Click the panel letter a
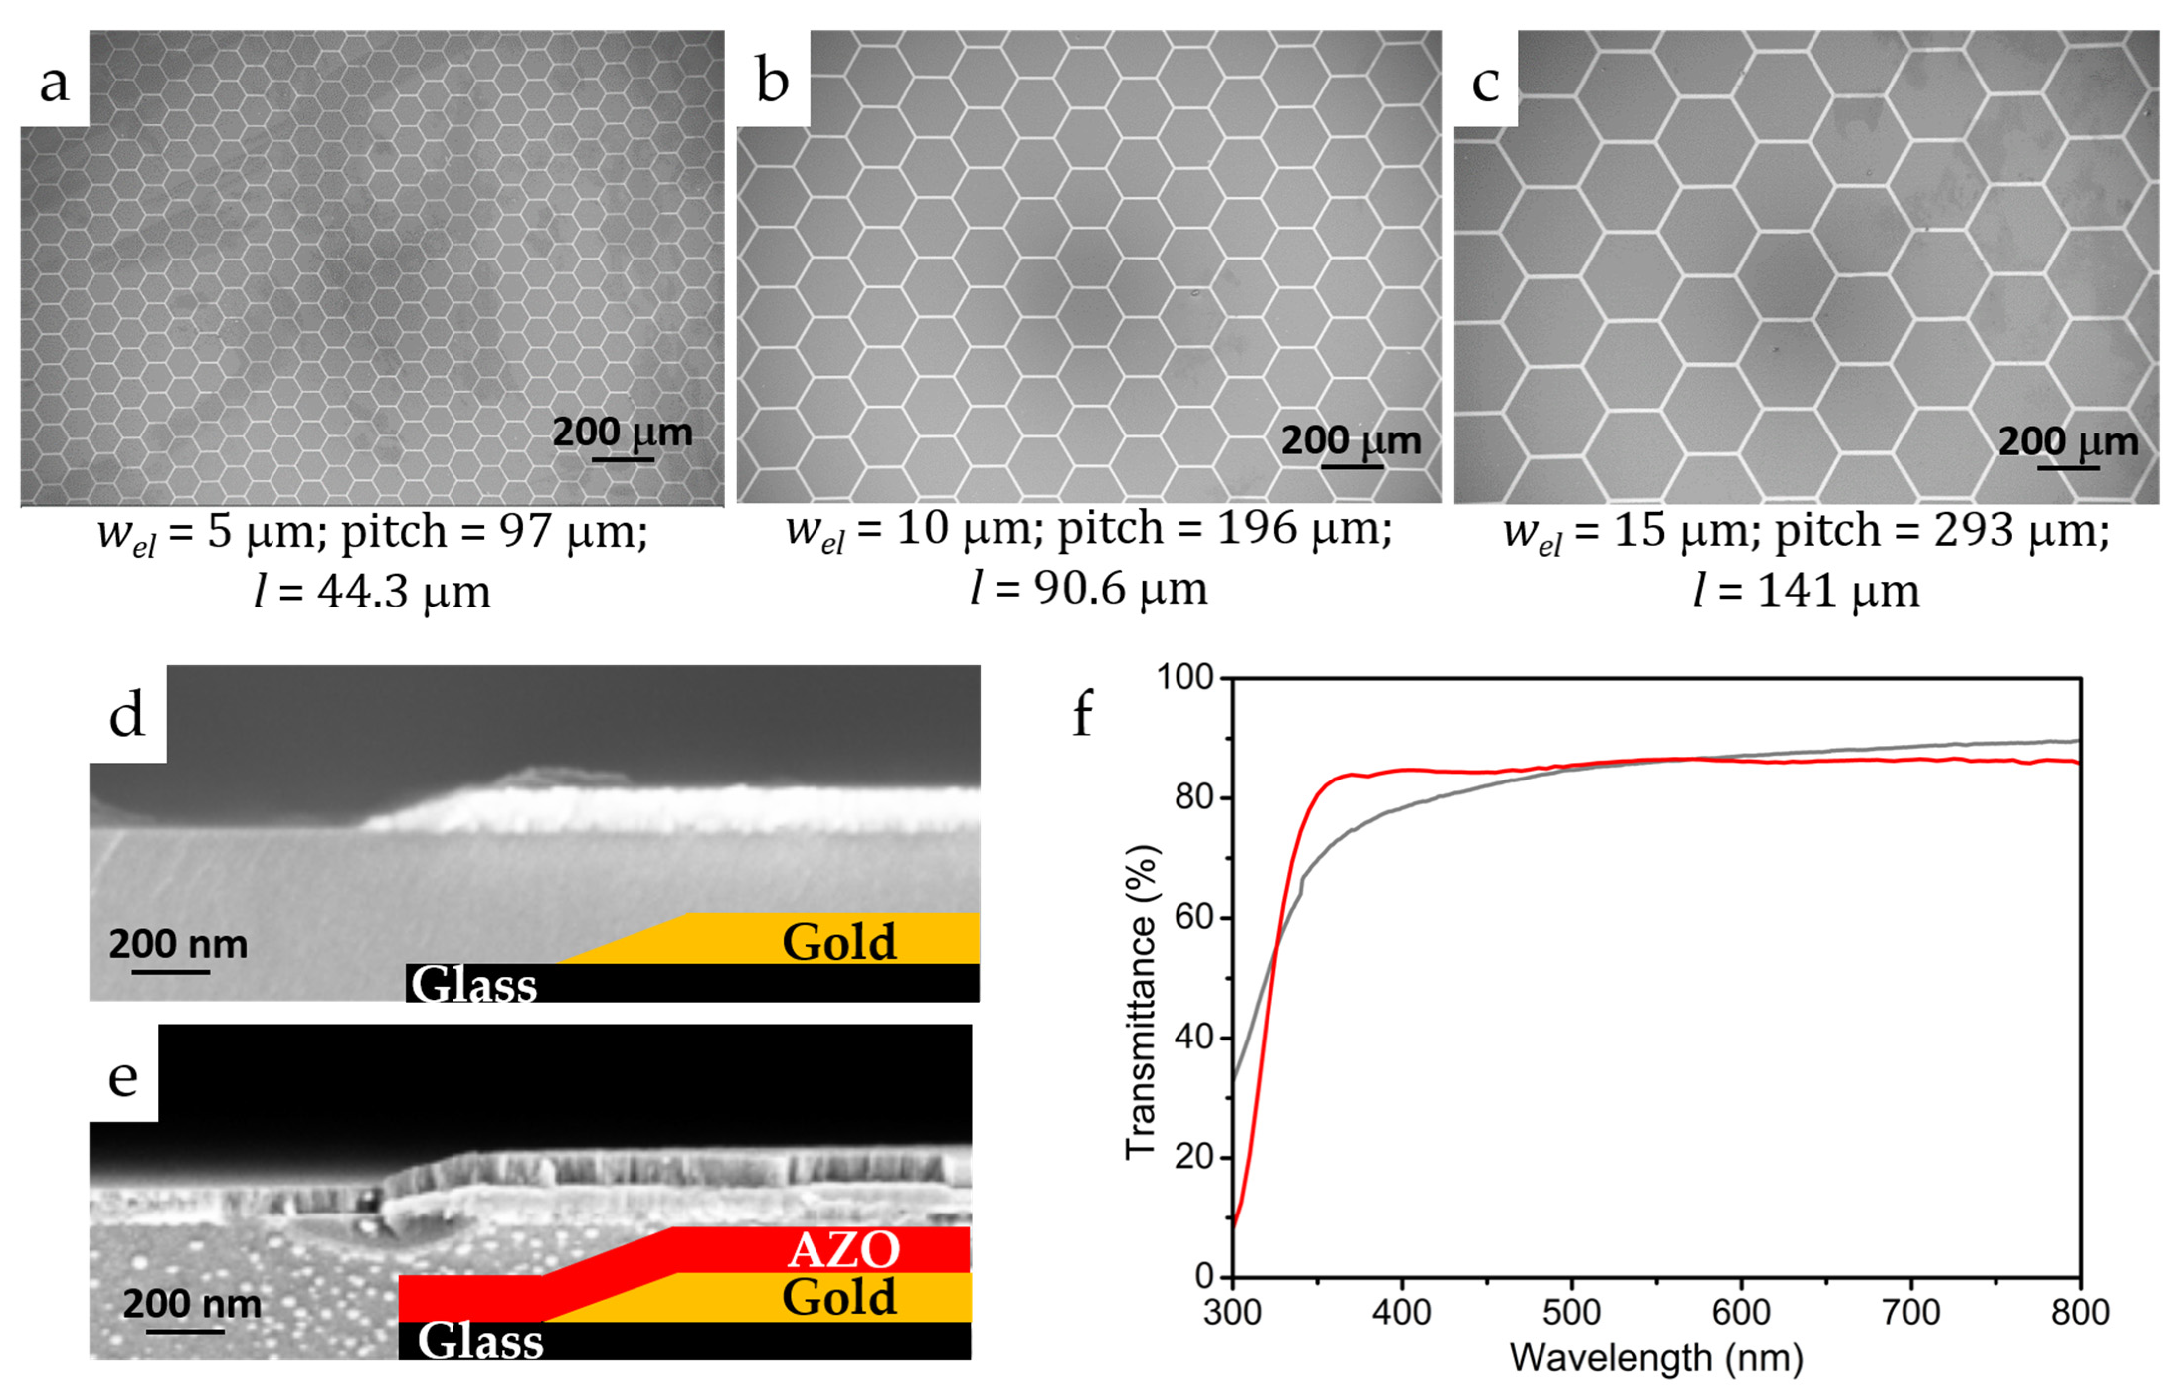click(x=54, y=83)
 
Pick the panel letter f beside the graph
click(x=1083, y=714)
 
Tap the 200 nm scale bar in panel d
click(x=171, y=971)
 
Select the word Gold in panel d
click(x=838, y=942)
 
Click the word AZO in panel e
click(x=844, y=1251)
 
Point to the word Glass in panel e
click(x=480, y=1341)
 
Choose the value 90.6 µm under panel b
click(x=1120, y=588)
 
